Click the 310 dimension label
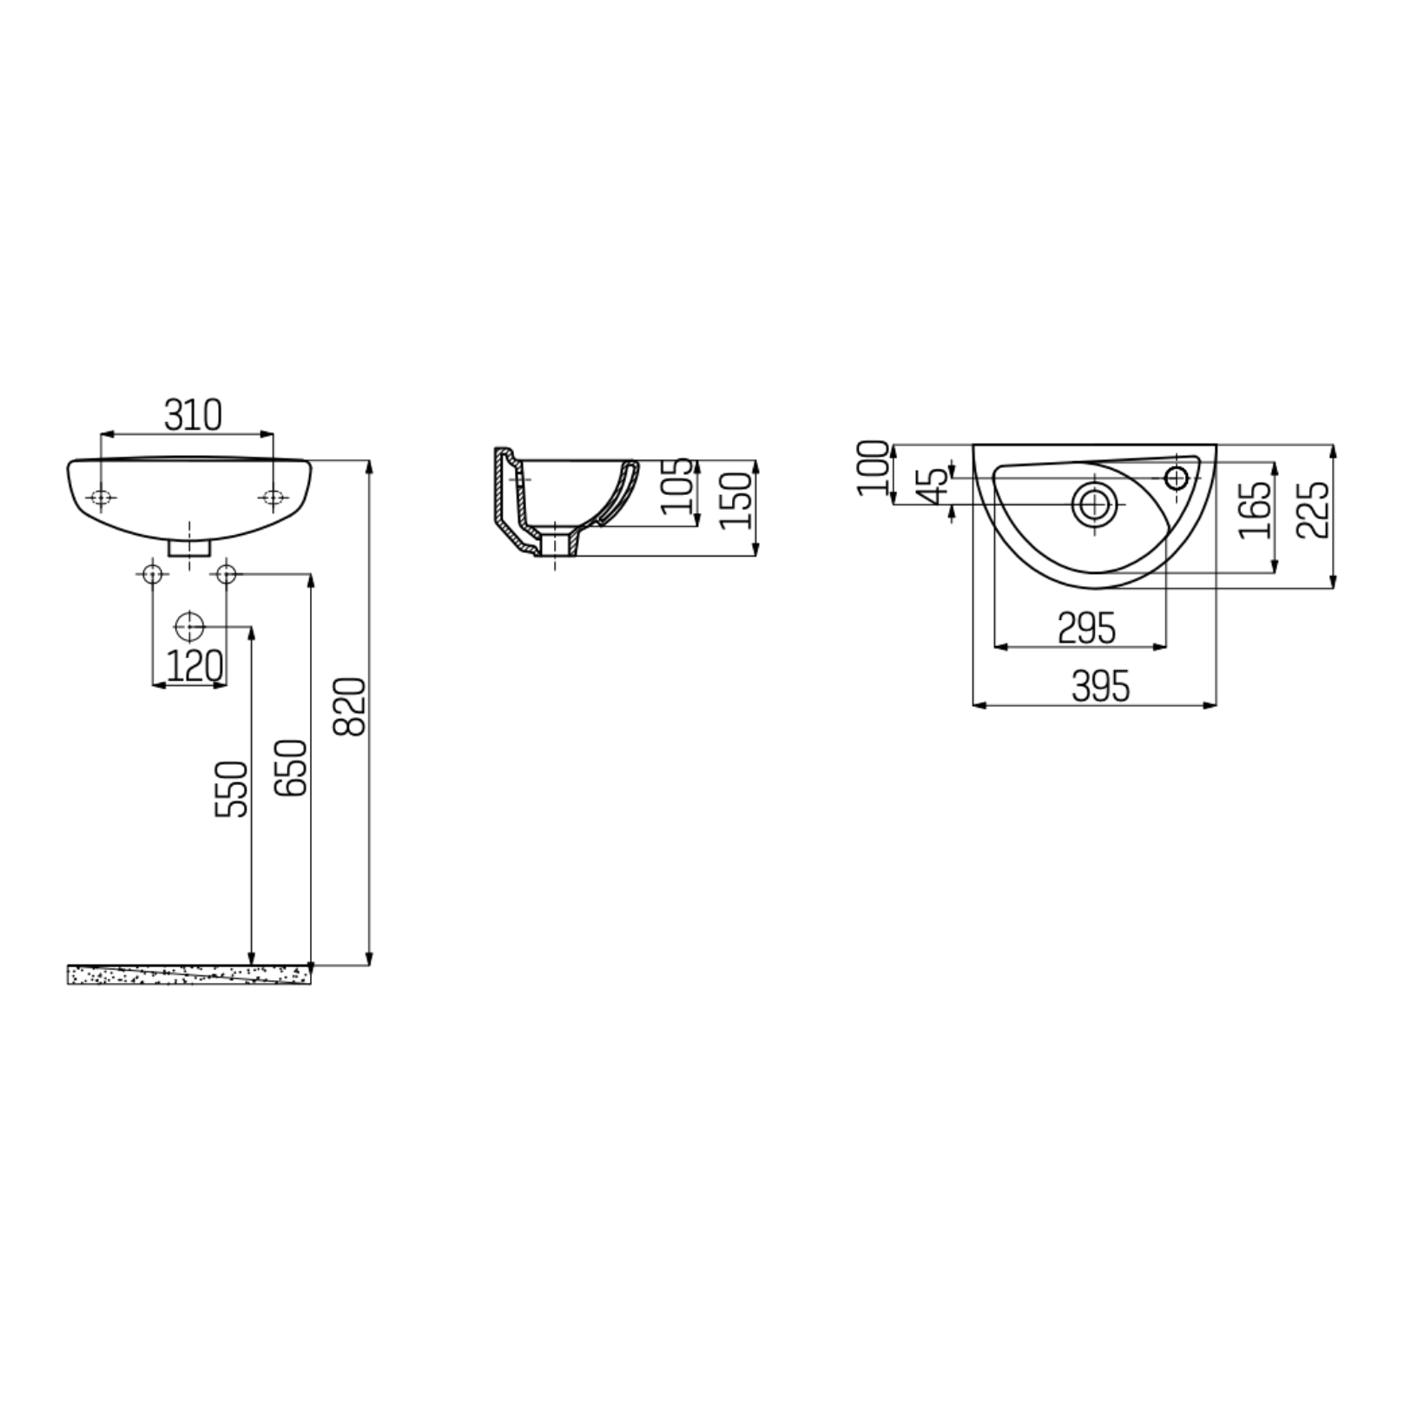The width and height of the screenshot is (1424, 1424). (x=194, y=415)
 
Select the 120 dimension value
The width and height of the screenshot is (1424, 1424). (x=194, y=666)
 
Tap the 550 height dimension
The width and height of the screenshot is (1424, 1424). (x=232, y=788)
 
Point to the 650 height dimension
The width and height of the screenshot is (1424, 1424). (x=291, y=768)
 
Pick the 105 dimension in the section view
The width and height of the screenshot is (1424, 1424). (x=678, y=486)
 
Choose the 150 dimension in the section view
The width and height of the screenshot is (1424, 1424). (x=735, y=500)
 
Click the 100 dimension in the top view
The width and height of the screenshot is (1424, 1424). (x=874, y=468)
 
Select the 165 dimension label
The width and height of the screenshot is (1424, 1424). (x=1255, y=510)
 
